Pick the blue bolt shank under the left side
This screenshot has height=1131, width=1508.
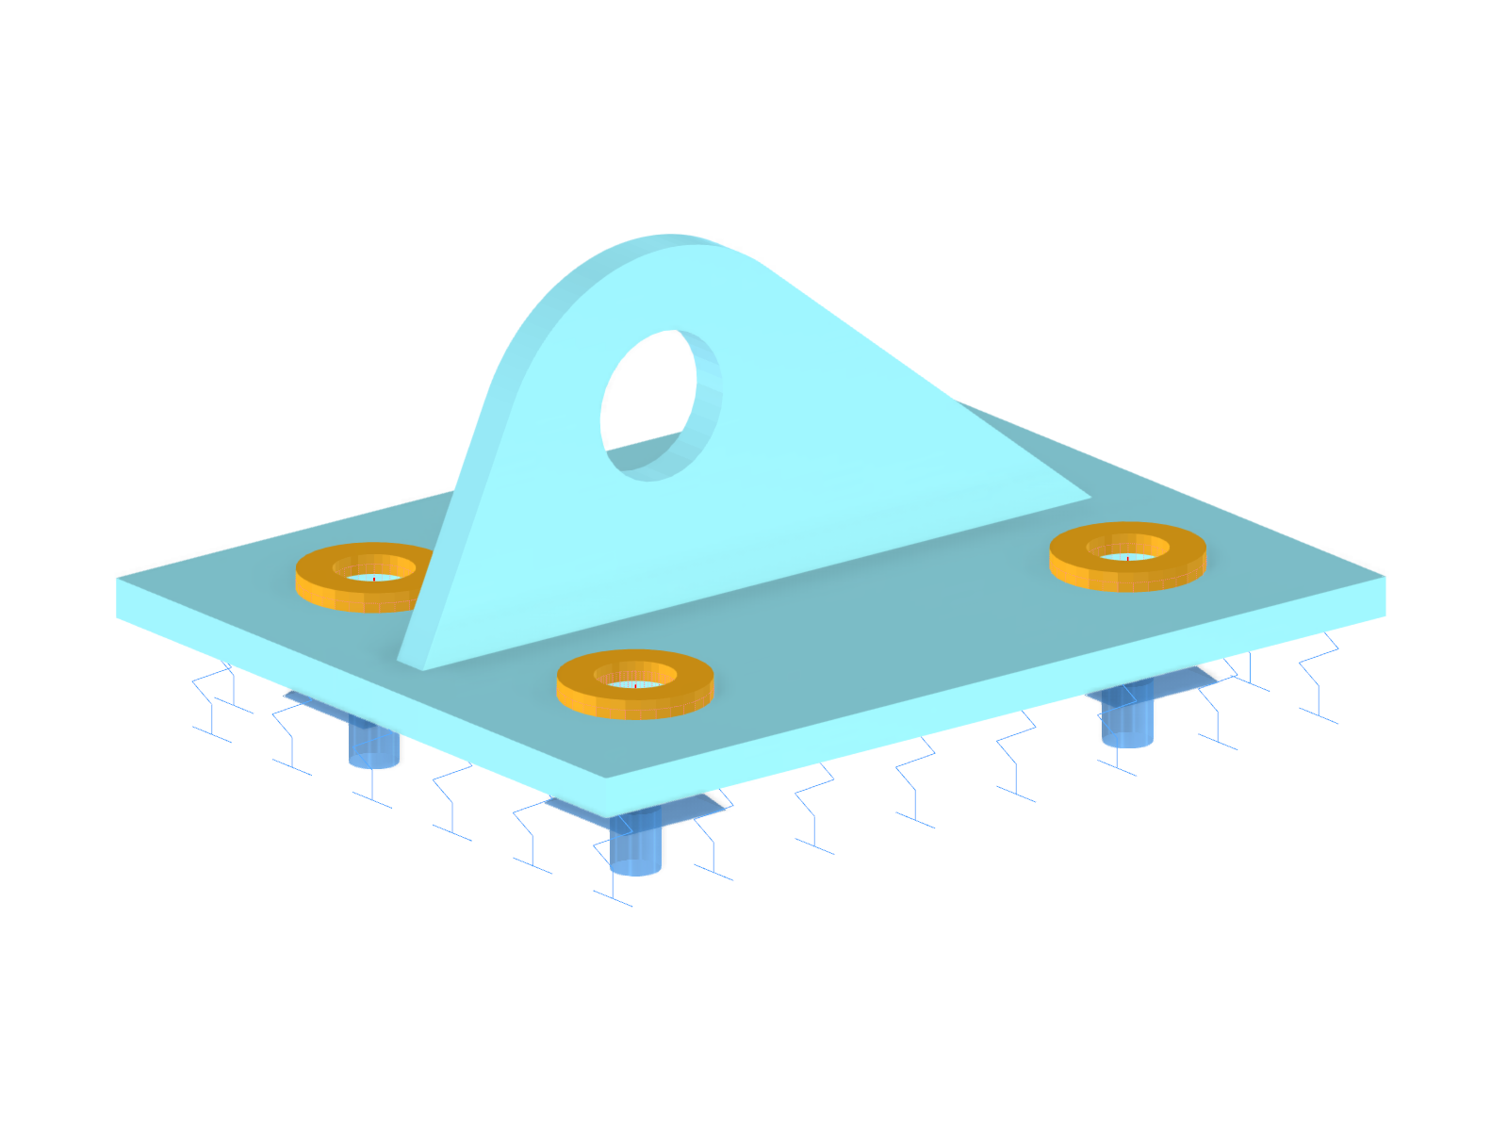point(373,745)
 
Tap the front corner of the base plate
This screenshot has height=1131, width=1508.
point(607,797)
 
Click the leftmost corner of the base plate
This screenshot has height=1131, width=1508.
point(119,598)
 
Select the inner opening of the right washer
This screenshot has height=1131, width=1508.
point(1127,555)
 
